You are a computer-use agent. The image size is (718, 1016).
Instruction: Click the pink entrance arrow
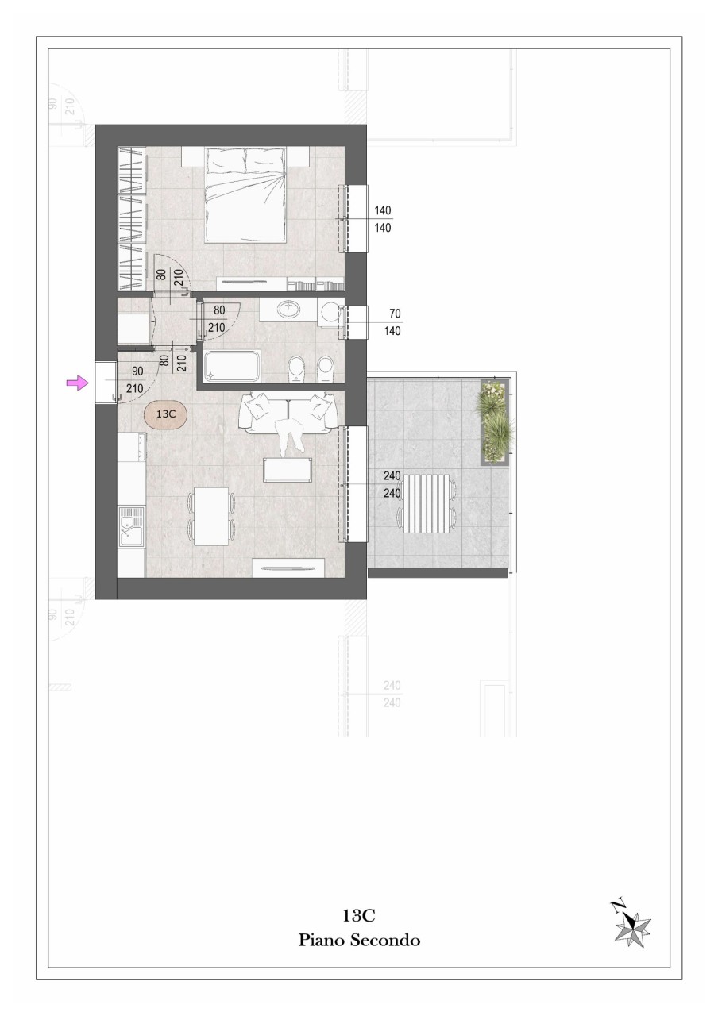click(x=78, y=383)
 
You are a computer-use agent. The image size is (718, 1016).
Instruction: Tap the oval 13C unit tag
click(x=166, y=414)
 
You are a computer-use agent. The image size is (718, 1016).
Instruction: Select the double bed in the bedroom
click(x=245, y=194)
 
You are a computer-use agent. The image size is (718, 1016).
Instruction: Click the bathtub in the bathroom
click(x=232, y=366)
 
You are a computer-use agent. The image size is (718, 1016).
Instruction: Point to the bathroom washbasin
click(x=288, y=310)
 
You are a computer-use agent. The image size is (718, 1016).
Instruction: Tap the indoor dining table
click(x=211, y=516)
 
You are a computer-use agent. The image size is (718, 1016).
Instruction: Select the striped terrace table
click(x=427, y=503)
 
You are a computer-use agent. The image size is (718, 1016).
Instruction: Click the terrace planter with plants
click(x=495, y=421)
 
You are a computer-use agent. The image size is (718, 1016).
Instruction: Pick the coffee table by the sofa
click(x=288, y=469)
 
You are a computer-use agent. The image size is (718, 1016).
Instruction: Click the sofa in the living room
click(x=288, y=414)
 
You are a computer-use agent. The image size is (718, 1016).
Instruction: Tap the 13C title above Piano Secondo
click(x=359, y=916)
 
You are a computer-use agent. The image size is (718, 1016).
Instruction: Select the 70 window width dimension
click(x=395, y=314)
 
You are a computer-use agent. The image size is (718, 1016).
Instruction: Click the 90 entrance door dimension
click(x=137, y=371)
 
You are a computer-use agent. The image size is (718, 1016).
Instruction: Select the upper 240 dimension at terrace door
click(x=392, y=475)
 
